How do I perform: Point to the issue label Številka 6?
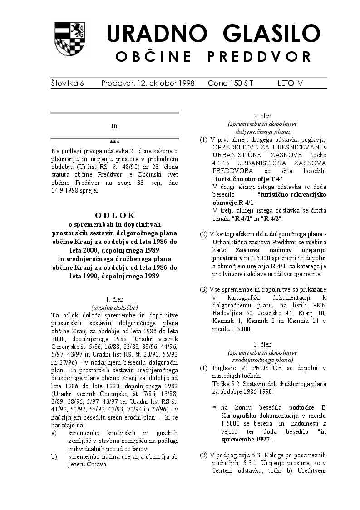pos(68,84)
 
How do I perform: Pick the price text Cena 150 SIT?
pos(230,84)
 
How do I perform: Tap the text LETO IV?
pos(290,84)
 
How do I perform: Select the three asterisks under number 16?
pos(114,142)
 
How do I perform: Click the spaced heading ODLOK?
pos(115,215)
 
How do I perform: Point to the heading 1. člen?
pos(114,300)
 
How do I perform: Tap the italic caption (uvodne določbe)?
pos(114,307)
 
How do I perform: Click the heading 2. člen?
pos(263,116)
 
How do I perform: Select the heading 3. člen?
pos(263,345)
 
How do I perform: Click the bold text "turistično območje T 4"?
pos(247,179)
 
